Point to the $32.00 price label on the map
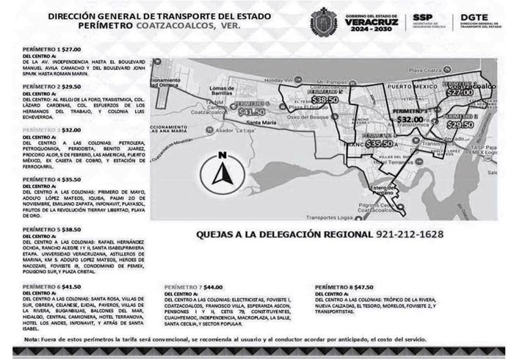tap(410, 118)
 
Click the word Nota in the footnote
tap(32, 339)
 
